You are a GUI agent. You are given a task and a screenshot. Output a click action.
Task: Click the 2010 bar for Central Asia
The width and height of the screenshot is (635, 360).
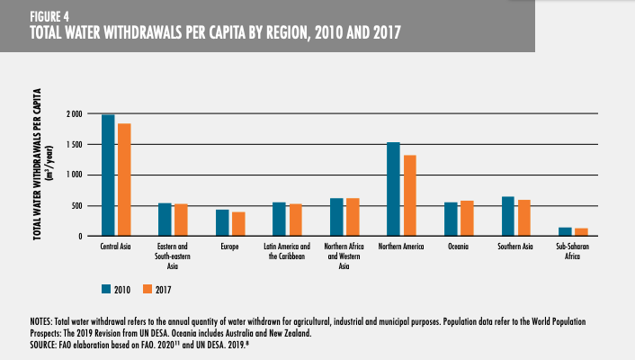(x=108, y=175)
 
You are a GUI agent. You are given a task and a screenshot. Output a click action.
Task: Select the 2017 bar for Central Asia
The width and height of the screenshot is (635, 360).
(x=124, y=180)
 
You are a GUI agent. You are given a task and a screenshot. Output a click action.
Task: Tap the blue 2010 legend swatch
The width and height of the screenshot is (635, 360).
(x=107, y=289)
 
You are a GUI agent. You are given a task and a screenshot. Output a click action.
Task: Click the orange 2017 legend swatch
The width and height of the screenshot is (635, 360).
(x=149, y=289)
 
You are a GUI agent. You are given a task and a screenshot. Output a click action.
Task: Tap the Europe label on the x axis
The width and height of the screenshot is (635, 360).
(x=229, y=247)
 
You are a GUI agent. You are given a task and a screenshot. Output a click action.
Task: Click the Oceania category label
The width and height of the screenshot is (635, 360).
(x=459, y=247)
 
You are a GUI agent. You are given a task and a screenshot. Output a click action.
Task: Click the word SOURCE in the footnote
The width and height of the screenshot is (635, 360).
(x=47, y=343)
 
